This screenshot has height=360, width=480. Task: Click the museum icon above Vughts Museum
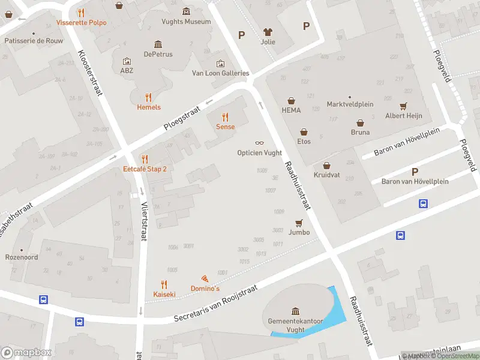[186, 11]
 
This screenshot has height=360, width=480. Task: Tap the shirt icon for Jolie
[268, 32]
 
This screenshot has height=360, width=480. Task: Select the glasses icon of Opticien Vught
[259, 143]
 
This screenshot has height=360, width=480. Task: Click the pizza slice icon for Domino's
[205, 279]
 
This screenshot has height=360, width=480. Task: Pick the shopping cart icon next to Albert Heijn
[403, 106]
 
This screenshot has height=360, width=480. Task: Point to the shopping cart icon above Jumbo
[299, 222]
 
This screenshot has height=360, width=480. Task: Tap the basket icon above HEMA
[291, 100]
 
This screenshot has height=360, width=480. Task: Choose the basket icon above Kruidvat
[326, 165]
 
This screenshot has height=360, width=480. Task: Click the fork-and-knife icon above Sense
[225, 117]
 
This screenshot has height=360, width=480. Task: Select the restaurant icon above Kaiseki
[164, 284]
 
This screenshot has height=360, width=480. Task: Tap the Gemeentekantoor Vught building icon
[295, 311]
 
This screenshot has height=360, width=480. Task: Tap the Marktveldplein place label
[350, 104]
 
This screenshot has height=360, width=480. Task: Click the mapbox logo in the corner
[26, 352]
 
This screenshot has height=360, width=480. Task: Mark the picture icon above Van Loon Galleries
[220, 64]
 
